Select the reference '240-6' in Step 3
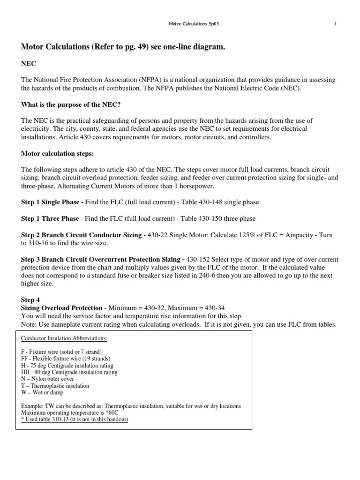213,276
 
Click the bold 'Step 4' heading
31,300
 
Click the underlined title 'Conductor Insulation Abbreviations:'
64,338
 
